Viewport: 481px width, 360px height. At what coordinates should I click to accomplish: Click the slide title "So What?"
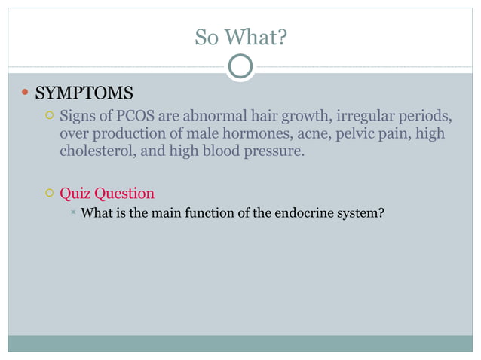pyautogui.click(x=240, y=36)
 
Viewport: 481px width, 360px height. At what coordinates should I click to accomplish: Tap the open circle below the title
pyautogui.click(x=240, y=67)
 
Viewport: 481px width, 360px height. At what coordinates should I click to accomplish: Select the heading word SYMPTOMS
pyautogui.click(x=85, y=94)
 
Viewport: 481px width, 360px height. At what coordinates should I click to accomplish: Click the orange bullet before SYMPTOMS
pyautogui.click(x=25, y=94)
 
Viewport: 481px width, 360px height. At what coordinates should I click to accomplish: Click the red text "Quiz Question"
pyautogui.click(x=107, y=193)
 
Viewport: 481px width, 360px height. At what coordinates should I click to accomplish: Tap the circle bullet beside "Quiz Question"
pyautogui.click(x=47, y=194)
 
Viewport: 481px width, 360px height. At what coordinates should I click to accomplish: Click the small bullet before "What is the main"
pyautogui.click(x=72, y=213)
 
